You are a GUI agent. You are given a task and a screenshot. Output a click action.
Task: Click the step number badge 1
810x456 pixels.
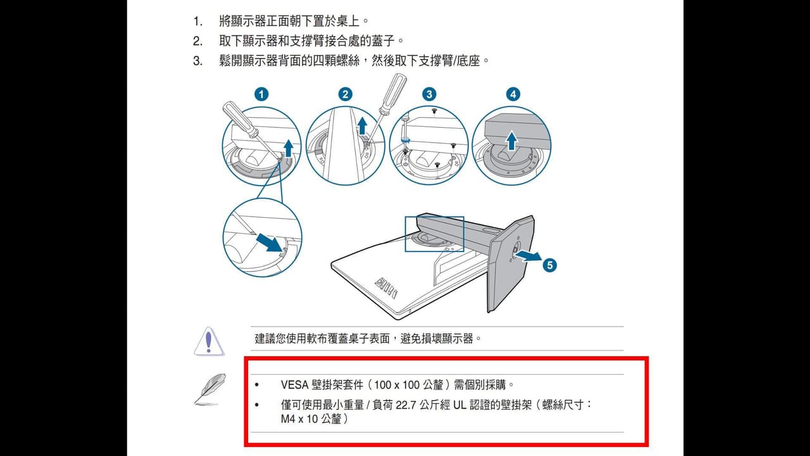point(261,95)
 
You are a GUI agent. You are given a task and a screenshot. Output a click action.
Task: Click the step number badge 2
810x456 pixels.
point(346,95)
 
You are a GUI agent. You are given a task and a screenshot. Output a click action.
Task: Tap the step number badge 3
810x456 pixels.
point(429,95)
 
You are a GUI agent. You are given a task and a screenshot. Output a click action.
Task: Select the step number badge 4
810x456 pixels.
point(513,95)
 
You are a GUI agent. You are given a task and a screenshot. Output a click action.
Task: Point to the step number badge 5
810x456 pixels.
point(550,265)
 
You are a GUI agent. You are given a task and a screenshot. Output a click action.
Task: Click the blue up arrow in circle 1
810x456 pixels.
point(288,148)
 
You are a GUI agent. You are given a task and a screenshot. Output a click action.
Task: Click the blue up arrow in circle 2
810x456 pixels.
point(363,127)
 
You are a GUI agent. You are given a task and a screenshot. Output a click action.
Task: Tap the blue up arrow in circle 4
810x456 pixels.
point(511,141)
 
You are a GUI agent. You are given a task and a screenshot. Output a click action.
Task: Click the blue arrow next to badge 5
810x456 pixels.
point(528,256)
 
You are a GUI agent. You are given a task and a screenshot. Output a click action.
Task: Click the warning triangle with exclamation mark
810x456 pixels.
point(209,341)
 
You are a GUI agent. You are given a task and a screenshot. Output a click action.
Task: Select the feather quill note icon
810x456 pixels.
point(209,389)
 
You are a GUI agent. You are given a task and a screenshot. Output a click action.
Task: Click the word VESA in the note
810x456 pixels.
point(295,384)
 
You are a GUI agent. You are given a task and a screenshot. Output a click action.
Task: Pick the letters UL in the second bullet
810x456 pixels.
point(459,405)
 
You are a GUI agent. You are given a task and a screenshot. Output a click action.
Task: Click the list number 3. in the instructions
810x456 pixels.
point(197,61)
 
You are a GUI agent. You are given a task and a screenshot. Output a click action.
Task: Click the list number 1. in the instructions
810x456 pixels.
point(197,22)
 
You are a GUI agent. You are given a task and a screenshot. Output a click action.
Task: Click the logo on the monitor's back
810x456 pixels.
point(386,288)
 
